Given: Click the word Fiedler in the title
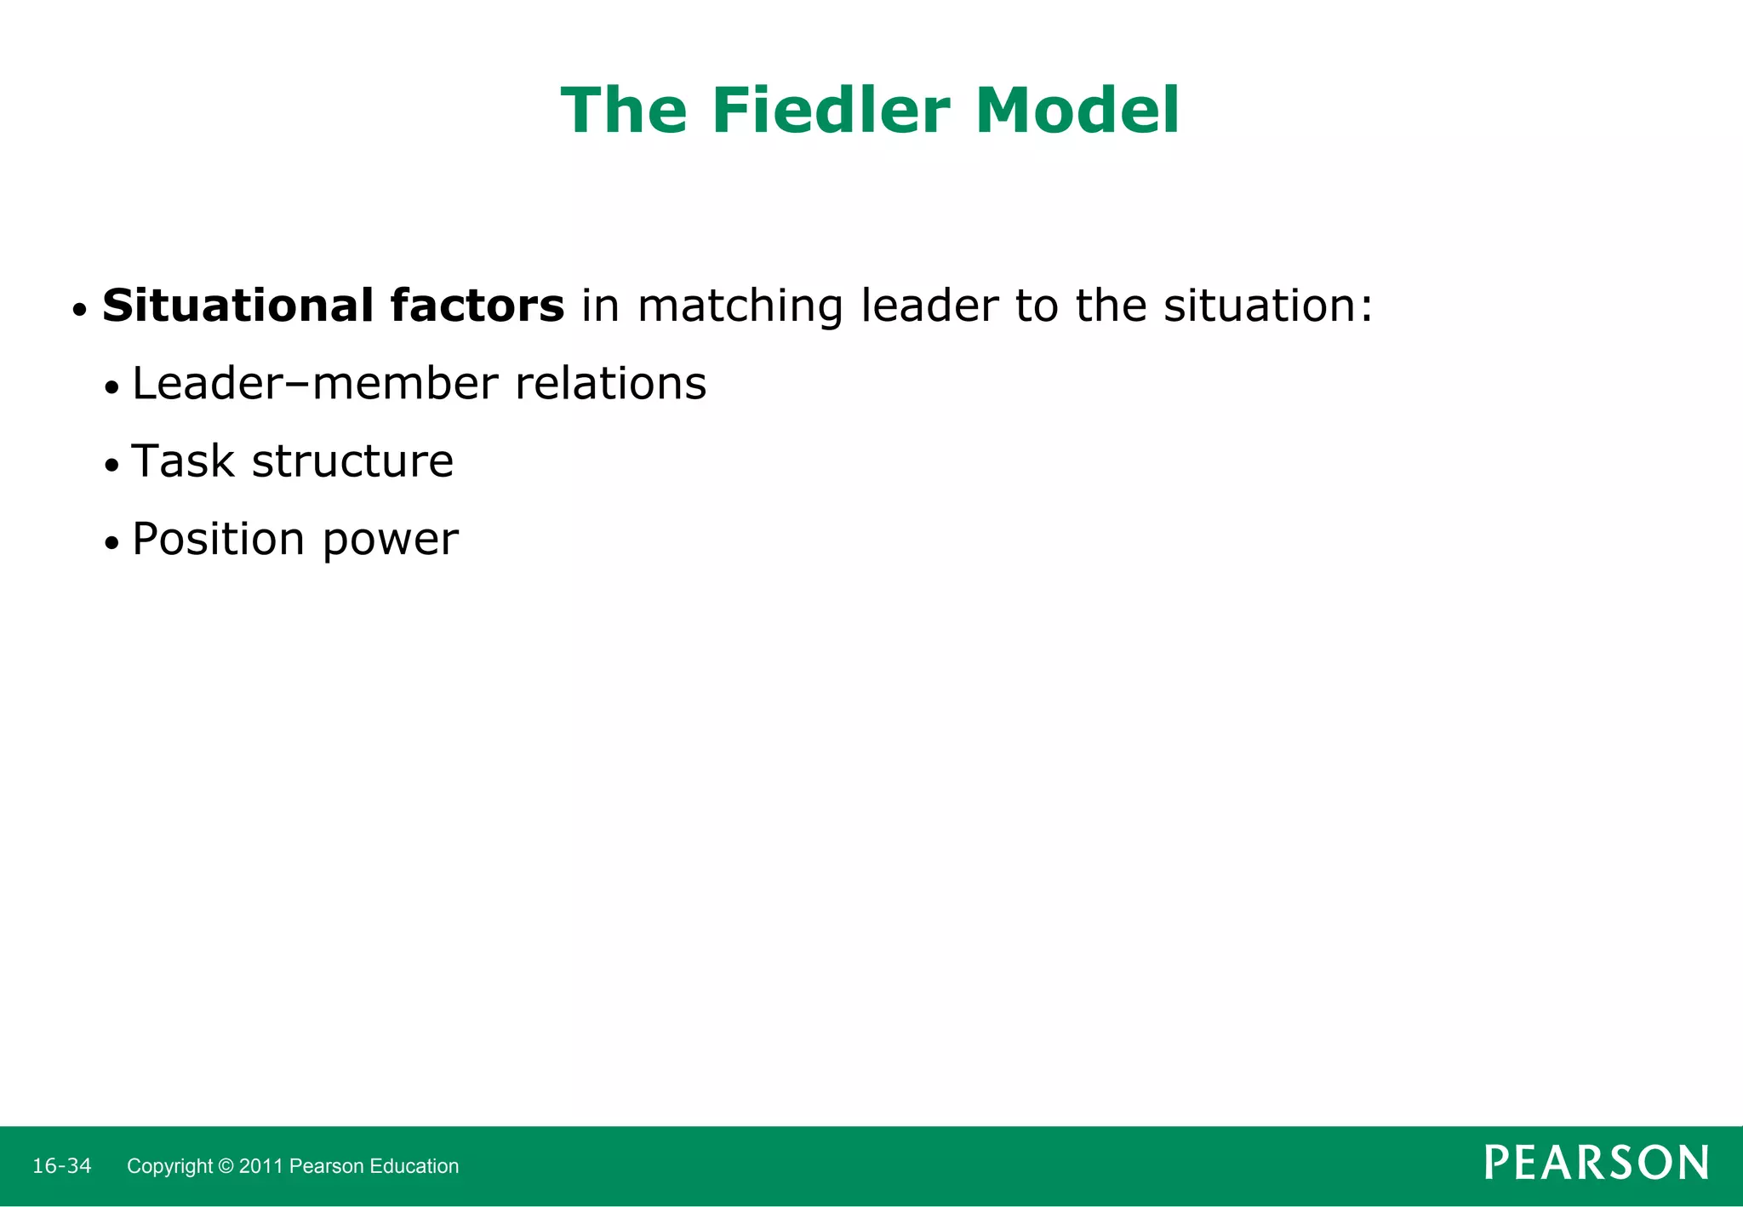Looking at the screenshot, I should click(x=831, y=111).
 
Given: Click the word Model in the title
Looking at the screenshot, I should click(x=1077, y=111).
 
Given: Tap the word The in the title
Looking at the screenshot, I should click(x=624, y=111).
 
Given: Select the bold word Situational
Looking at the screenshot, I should click(x=237, y=306).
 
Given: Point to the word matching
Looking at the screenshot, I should click(x=740, y=307).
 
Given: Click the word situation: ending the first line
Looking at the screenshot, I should click(x=1268, y=306).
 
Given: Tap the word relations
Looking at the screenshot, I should click(x=610, y=384).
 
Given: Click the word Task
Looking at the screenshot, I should click(x=183, y=462).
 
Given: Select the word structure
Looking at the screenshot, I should click(x=352, y=462).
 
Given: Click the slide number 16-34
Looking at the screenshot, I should click(x=61, y=1165).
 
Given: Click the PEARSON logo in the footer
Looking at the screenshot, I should click(x=1597, y=1163).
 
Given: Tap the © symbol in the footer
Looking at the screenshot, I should click(x=226, y=1166).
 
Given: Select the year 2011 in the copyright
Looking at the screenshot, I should click(x=261, y=1166).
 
